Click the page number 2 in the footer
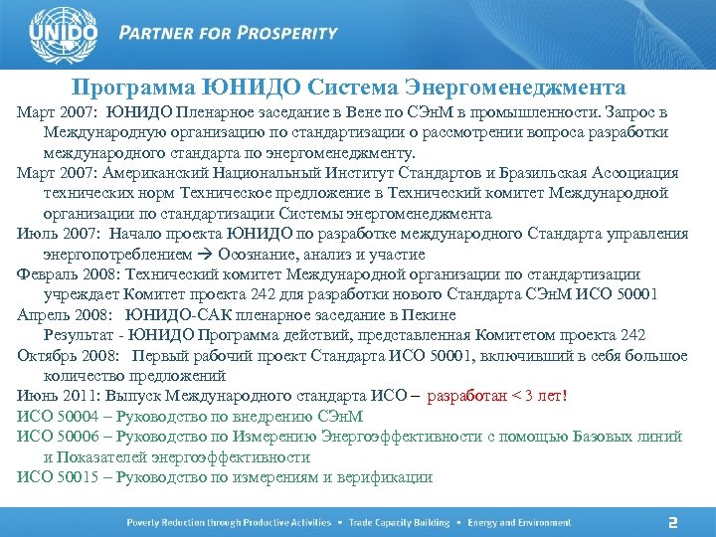click(672, 522)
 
